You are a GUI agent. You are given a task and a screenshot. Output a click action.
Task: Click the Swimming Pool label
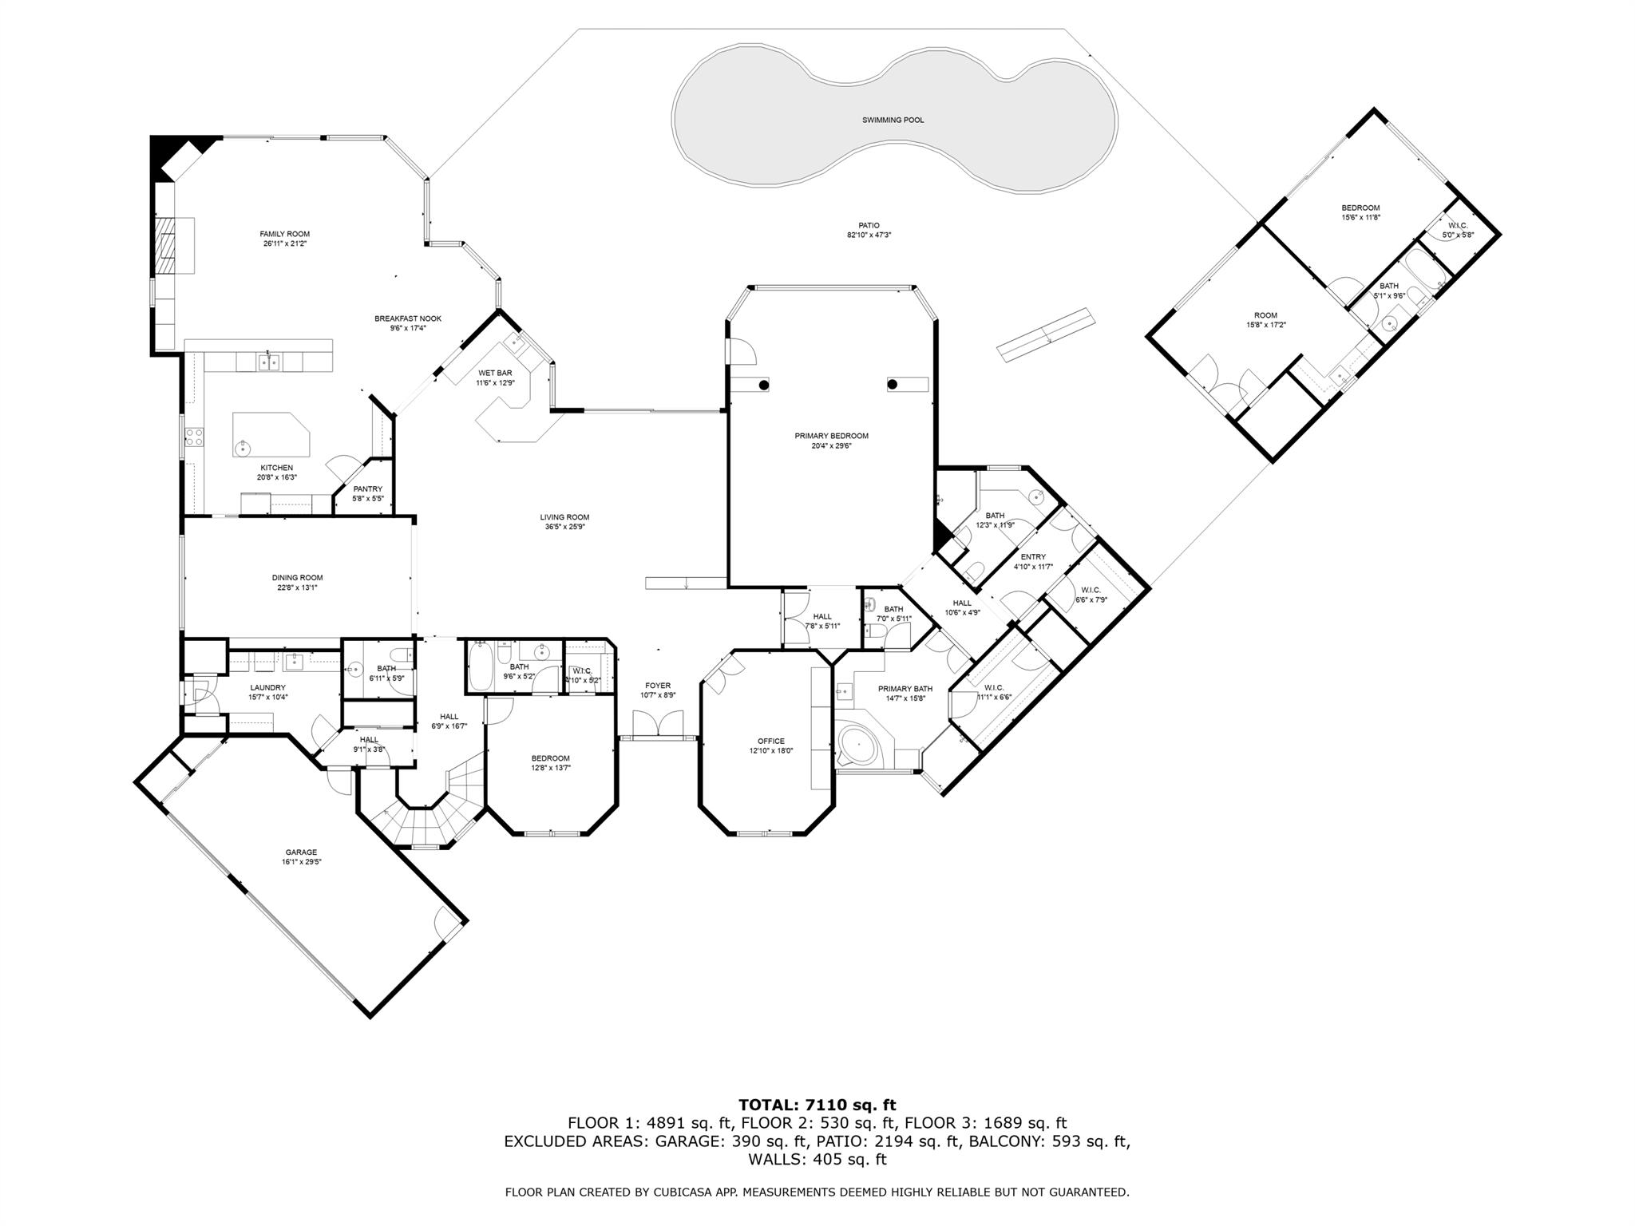click(893, 120)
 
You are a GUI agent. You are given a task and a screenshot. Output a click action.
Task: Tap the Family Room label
click(284, 234)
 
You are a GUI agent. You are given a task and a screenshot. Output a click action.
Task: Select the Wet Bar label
click(495, 373)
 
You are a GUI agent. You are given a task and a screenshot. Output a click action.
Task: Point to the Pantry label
click(367, 489)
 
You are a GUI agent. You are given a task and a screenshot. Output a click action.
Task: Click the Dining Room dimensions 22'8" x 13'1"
click(297, 587)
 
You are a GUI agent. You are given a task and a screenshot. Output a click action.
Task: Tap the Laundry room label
click(267, 687)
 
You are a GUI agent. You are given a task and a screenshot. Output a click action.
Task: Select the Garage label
click(301, 852)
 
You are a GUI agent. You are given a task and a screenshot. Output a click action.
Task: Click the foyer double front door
click(658, 725)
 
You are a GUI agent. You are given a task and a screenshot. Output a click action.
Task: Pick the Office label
click(770, 741)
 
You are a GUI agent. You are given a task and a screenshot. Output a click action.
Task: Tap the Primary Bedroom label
click(831, 436)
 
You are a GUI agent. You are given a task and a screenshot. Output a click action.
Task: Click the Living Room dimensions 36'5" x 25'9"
click(564, 527)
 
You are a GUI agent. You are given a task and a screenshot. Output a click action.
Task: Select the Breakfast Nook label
click(407, 318)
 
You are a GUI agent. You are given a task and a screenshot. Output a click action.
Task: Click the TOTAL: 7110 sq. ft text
click(817, 1105)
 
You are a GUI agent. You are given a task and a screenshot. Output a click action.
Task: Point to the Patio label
click(869, 225)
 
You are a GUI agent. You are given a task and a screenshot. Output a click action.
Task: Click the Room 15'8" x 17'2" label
click(1265, 315)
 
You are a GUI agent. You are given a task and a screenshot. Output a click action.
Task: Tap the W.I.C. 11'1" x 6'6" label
click(993, 687)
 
